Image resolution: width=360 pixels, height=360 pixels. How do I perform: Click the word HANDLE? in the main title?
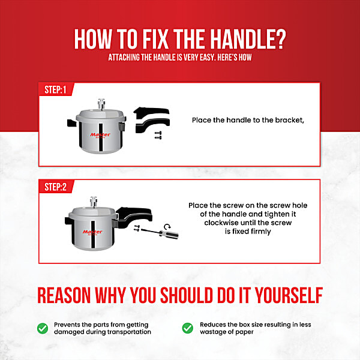(248, 39)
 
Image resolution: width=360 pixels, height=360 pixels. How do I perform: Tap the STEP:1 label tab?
(56, 89)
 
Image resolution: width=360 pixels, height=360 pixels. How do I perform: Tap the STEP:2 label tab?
(56, 187)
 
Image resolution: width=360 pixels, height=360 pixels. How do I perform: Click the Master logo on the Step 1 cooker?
(100, 135)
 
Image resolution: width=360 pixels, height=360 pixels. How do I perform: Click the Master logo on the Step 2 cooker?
(92, 232)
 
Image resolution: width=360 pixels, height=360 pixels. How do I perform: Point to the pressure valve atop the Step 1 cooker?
(101, 104)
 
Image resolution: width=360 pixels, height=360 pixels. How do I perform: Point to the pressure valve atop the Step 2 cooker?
(94, 202)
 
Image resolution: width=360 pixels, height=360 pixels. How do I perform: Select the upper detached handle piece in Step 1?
(152, 112)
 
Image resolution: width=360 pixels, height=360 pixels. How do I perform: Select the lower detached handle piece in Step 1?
(152, 125)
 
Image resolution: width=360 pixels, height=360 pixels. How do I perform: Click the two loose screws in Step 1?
(158, 135)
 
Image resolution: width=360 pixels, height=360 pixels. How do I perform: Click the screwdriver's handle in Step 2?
(169, 235)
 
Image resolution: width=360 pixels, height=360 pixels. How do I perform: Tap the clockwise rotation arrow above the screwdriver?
(167, 227)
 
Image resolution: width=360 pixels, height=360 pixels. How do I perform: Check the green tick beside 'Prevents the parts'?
(43, 328)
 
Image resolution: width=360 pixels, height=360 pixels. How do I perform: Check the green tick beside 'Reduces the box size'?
(188, 328)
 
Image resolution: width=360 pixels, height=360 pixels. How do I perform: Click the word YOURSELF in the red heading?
(289, 295)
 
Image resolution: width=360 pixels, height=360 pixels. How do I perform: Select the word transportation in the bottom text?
(129, 332)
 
